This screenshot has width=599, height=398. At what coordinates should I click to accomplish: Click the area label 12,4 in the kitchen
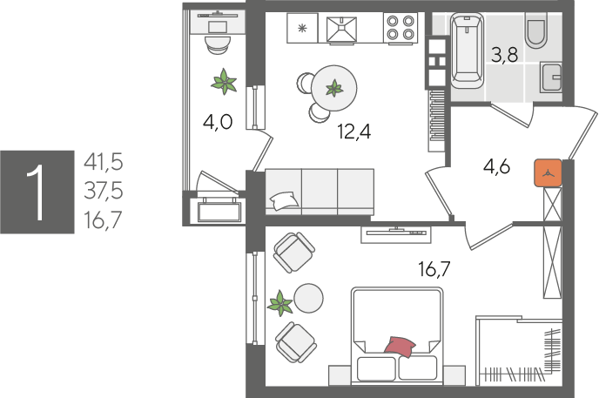click(354, 132)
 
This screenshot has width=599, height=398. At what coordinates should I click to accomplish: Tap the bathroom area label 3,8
click(505, 55)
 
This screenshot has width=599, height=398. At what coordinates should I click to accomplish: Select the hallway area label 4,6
click(496, 166)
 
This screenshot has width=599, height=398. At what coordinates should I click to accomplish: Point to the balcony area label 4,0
click(218, 123)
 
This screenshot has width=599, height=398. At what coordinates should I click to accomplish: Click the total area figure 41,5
click(104, 162)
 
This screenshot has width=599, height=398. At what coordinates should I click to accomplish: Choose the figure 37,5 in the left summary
click(104, 191)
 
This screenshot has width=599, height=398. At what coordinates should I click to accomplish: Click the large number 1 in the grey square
click(37, 192)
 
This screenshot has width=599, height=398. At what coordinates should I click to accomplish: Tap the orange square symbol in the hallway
click(549, 173)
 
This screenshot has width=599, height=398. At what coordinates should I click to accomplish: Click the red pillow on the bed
click(400, 347)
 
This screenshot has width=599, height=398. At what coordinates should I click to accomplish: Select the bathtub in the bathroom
click(467, 51)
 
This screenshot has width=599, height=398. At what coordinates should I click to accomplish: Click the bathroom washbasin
click(551, 78)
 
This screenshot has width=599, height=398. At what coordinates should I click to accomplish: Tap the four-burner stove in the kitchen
click(400, 27)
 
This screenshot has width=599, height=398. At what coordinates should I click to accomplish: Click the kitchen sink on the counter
click(341, 29)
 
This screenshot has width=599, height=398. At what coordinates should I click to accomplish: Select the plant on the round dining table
click(334, 88)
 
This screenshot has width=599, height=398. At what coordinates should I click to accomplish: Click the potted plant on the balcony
click(225, 81)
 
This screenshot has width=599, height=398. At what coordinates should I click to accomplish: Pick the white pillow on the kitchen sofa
click(284, 200)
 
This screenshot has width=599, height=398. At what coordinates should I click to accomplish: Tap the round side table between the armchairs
click(308, 299)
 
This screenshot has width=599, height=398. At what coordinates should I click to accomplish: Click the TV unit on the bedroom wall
click(396, 234)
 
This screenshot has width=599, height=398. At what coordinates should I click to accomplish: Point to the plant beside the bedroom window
click(280, 304)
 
